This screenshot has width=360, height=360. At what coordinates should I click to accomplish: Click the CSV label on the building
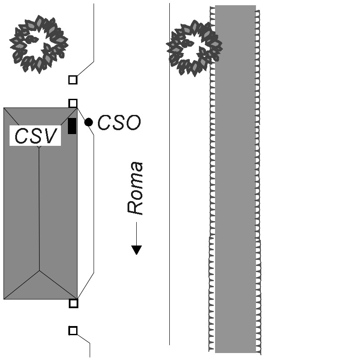pyautogui.click(x=36, y=136)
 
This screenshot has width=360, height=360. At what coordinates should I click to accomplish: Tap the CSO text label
pyautogui.click(x=119, y=123)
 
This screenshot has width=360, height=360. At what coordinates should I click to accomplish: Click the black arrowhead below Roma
pyautogui.click(x=137, y=249)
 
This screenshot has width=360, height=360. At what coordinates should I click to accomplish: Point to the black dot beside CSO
pyautogui.click(x=88, y=122)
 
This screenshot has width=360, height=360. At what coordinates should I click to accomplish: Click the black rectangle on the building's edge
pyautogui.click(x=72, y=126)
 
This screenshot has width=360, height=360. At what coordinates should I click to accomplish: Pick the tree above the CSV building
pyautogui.click(x=39, y=44)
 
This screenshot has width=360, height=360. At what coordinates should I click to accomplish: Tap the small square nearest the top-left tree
pyautogui.click(x=73, y=80)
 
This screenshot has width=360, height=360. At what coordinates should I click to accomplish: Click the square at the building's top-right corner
pyautogui.click(x=73, y=103)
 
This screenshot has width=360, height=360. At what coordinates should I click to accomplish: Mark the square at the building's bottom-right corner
pyautogui.click(x=74, y=303)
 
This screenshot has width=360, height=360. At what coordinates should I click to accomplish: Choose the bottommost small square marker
pyautogui.click(x=73, y=331)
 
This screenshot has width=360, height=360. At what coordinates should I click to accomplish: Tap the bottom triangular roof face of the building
pyautogui.click(x=40, y=287)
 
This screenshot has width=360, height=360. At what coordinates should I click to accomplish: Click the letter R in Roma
pyautogui.click(x=135, y=207)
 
